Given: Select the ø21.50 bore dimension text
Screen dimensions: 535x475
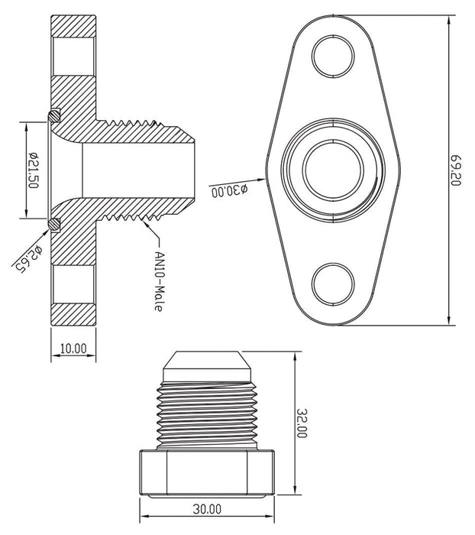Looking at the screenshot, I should pyautogui.click(x=33, y=169).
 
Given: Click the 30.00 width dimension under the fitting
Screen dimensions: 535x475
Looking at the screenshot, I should pyautogui.click(x=206, y=507).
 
